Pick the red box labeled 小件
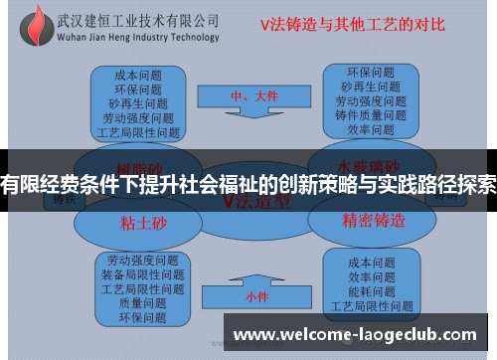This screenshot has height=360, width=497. pos(255,296)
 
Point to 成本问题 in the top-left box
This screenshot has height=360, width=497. pos(139,75)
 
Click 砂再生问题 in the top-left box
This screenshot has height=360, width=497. pos(139,102)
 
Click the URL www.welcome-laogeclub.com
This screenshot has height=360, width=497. pos(359,334)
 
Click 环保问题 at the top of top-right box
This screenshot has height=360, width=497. pos(371,73)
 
